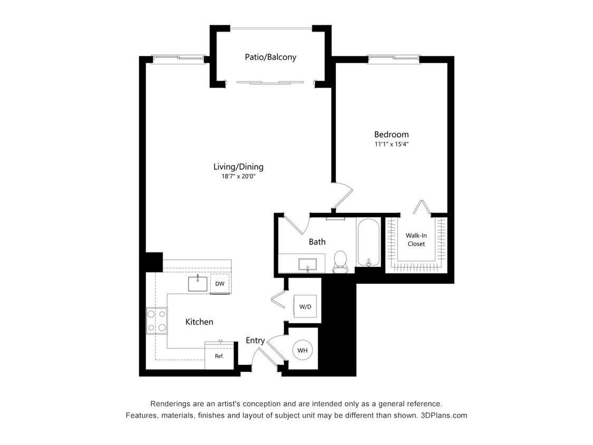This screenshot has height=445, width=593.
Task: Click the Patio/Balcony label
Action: [x=270, y=57]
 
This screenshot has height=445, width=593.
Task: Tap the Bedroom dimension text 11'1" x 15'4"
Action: [x=391, y=144]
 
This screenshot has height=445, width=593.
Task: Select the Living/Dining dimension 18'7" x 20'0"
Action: [x=238, y=177]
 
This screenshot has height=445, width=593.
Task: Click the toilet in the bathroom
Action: [x=341, y=261]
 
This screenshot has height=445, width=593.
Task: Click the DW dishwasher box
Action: [x=220, y=284]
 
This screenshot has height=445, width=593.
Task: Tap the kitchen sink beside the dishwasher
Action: [x=198, y=283]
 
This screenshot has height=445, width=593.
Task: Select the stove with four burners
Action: [x=157, y=321]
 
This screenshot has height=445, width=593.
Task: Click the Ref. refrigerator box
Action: [x=219, y=356]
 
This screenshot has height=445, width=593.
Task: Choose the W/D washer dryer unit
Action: [x=305, y=306]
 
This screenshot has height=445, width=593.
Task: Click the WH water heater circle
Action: [x=302, y=350]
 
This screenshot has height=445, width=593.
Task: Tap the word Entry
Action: [x=255, y=341]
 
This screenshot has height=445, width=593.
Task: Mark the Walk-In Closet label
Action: [x=416, y=240]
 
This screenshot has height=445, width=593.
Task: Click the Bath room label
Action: [x=317, y=242]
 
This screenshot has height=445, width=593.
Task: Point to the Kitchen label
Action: [x=199, y=322]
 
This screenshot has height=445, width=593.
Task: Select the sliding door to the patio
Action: [x=270, y=82]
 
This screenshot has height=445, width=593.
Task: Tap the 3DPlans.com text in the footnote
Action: [x=444, y=415]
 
